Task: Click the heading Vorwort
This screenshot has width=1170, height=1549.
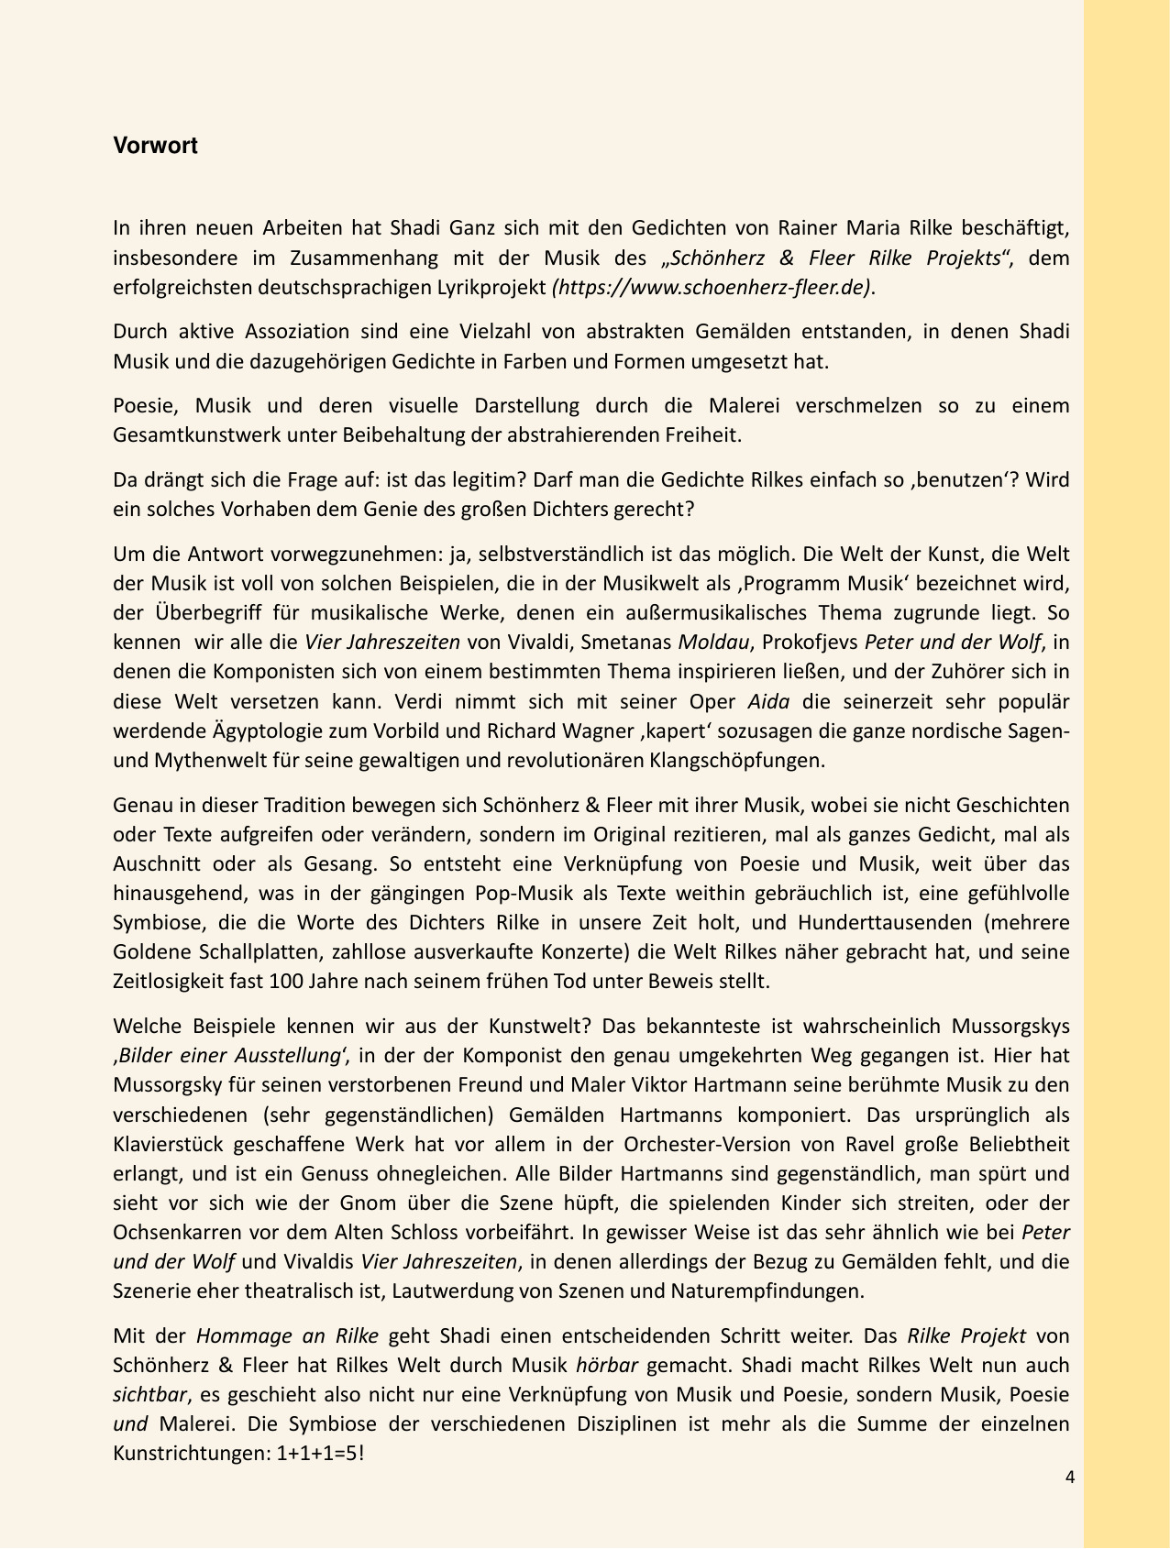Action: [155, 146]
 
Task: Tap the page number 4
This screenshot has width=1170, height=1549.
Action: [1070, 1477]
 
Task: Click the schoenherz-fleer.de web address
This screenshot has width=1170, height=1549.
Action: [711, 287]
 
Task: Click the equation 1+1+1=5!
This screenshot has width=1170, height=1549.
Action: [320, 1454]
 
